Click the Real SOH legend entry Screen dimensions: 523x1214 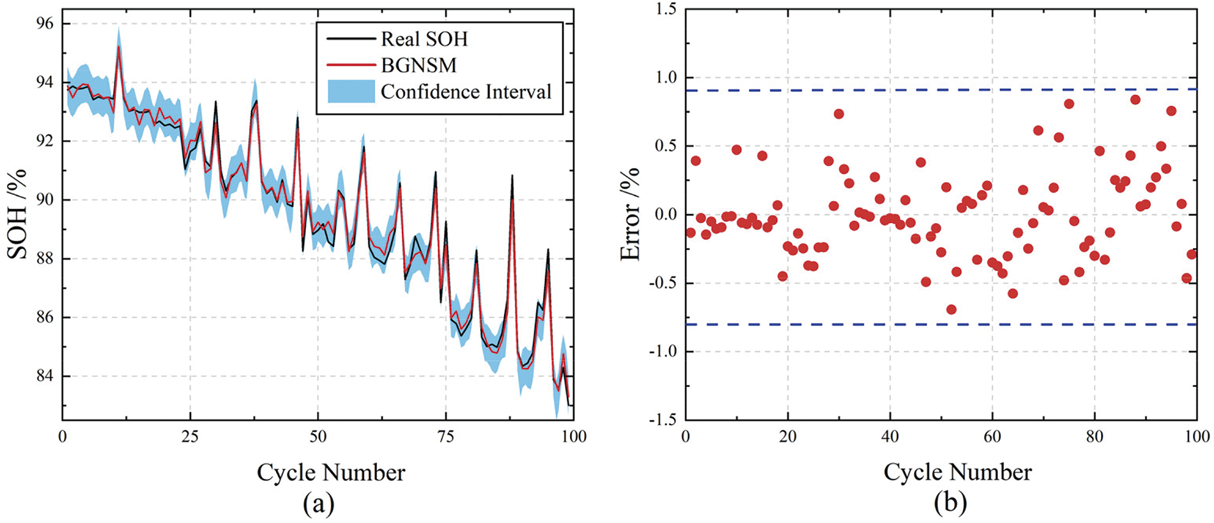click(x=424, y=39)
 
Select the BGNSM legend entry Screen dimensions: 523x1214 click(x=419, y=65)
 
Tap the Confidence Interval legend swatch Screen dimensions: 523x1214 click(x=351, y=91)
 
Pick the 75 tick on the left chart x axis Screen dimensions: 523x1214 click(x=445, y=437)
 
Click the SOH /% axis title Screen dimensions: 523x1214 click(x=17, y=214)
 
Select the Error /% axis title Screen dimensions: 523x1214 click(x=630, y=214)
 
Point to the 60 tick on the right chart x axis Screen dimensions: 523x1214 click(x=992, y=437)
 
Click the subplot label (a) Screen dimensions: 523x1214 click(x=318, y=504)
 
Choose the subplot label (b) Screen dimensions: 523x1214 click(x=950, y=504)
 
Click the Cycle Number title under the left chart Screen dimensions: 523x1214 click(x=331, y=472)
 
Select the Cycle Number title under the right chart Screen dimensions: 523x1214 click(x=957, y=472)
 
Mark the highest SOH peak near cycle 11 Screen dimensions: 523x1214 click(x=119, y=46)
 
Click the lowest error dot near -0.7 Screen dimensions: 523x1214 click(x=951, y=309)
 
